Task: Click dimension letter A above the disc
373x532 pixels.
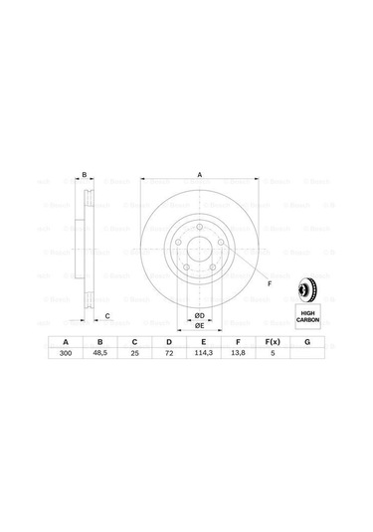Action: click(x=200, y=176)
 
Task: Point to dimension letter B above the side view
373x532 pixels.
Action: click(x=85, y=176)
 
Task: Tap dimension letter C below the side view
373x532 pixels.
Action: click(x=107, y=316)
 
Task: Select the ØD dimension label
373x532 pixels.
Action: click(x=199, y=315)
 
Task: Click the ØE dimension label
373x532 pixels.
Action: click(x=199, y=325)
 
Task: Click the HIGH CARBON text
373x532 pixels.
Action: click(x=308, y=316)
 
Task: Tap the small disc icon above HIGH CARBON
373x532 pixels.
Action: click(x=308, y=291)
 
